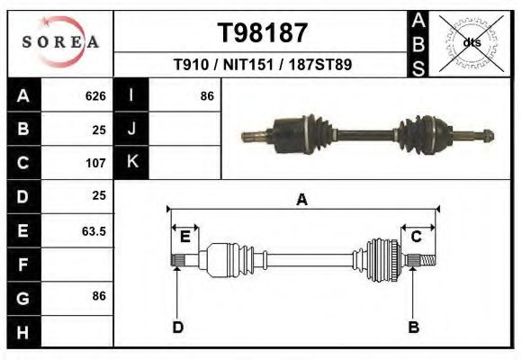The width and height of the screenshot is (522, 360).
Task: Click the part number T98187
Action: pyautogui.click(x=263, y=33)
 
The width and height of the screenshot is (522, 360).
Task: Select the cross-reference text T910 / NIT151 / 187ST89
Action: pyautogui.click(x=263, y=65)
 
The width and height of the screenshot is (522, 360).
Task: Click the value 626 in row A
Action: pyautogui.click(x=95, y=95)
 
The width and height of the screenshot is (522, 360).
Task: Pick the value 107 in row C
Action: pyautogui.click(x=95, y=163)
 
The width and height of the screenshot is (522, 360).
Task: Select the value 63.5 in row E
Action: pyautogui.click(x=94, y=230)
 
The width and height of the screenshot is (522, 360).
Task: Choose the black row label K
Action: pyautogui.click(x=131, y=163)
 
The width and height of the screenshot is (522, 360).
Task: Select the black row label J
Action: pyautogui.click(x=131, y=129)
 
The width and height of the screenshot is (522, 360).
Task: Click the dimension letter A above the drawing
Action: pyautogui.click(x=302, y=200)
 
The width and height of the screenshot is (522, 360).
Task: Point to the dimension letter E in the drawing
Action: pyautogui.click(x=184, y=237)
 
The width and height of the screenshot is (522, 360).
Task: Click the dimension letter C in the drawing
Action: pyautogui.click(x=417, y=237)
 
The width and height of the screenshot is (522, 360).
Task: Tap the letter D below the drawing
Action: pyautogui.click(x=178, y=327)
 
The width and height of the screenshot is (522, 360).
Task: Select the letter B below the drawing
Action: pyautogui.click(x=414, y=327)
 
